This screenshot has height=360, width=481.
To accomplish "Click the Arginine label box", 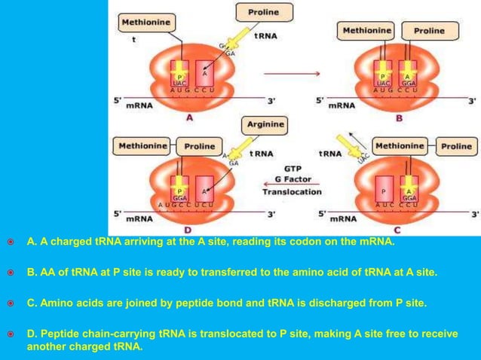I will pos(264,124).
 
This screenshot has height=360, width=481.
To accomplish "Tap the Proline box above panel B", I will pos(429,32).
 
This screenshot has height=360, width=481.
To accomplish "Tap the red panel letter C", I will pos(397,229).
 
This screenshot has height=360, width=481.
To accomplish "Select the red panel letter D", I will pos(187,229).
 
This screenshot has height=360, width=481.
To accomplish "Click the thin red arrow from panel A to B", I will pos(299,74).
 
